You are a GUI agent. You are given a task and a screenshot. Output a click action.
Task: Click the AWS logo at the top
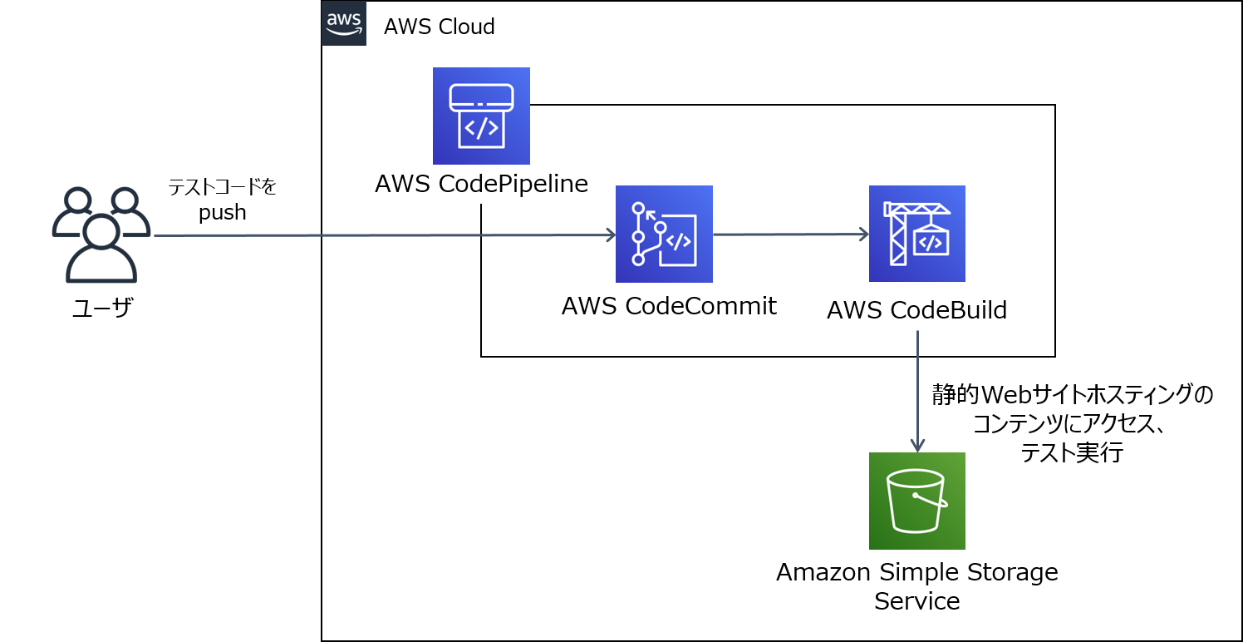[343, 23]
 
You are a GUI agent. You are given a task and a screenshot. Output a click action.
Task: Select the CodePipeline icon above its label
[481, 116]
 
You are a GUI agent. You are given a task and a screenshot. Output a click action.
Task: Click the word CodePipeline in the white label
[513, 184]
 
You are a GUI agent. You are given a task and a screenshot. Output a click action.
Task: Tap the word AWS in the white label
[403, 184]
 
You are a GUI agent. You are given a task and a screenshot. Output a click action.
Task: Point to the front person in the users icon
[101, 249]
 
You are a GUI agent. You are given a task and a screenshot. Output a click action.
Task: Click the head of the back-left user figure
[77, 200]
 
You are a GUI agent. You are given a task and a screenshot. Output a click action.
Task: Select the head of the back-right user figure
[125, 200]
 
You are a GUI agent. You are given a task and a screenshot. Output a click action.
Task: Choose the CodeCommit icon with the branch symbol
[664, 234]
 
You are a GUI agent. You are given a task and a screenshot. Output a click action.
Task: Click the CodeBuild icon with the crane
[916, 234]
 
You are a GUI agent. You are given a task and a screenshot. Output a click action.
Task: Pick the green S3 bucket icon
[916, 501]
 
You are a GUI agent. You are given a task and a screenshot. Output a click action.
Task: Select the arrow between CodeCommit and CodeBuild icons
[789, 235]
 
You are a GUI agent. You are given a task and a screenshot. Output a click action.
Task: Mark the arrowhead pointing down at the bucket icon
[917, 446]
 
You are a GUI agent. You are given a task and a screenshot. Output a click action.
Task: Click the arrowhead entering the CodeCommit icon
[610, 235]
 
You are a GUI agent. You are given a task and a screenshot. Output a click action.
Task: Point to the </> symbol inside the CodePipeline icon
[481, 128]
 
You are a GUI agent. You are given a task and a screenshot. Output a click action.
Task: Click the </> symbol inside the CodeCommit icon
[679, 241]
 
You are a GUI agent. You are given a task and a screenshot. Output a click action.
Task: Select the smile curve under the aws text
[343, 32]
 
